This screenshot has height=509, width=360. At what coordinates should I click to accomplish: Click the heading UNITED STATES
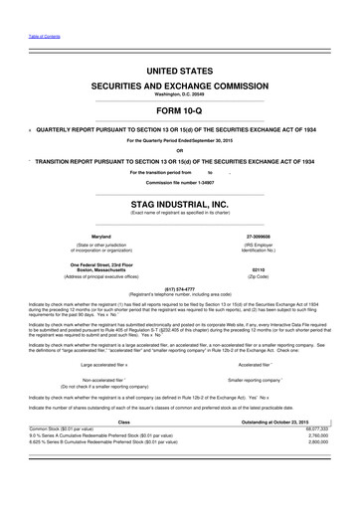pos(179,74)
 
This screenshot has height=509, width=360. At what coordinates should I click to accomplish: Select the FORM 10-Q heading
pos(179,110)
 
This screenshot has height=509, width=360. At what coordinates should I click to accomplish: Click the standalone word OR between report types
pos(179,151)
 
